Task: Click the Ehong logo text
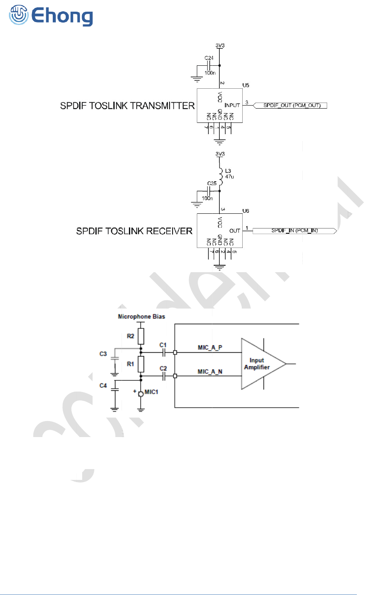tap(62, 16)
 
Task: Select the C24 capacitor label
tap(209, 58)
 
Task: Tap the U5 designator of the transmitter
tap(246, 85)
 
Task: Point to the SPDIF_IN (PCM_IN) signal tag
tap(294, 231)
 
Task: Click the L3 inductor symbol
tap(220, 173)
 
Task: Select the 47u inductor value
tap(230, 177)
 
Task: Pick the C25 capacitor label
tap(212, 183)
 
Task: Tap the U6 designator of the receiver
tap(246, 211)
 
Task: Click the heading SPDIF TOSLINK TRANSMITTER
tap(127, 106)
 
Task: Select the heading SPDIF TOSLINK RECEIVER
tap(134, 231)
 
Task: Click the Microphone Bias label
tap(141, 317)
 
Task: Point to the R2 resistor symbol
tap(141, 336)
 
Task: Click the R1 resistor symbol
tap(141, 364)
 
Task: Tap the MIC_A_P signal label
tap(210, 347)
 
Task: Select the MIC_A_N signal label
tap(210, 371)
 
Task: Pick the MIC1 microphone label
tap(151, 392)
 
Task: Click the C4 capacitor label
tap(103, 386)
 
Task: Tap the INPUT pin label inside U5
tap(232, 105)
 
